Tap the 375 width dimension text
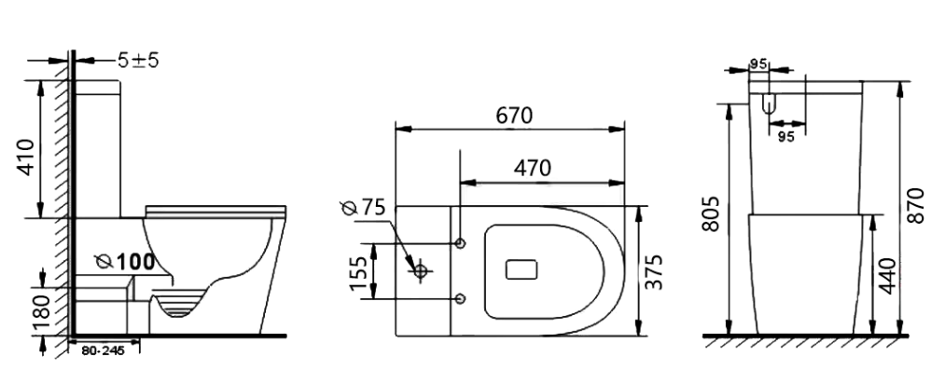pos(655,271)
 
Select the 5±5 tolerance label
pos(138,60)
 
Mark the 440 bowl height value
pos(886,277)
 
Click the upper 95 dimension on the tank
pos(757,64)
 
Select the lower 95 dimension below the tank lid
pos(785,136)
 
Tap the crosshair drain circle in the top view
pos(421,271)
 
